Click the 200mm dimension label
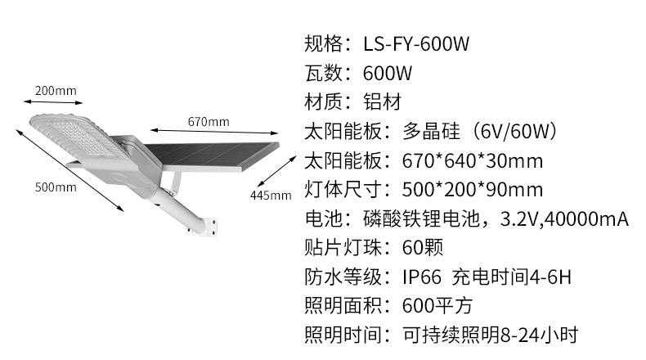coord(56,89)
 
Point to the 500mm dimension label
coord(56,187)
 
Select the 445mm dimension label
coord(271,195)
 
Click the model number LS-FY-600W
coord(417,43)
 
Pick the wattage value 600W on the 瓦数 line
coord(388,73)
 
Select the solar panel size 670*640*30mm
coord(473,161)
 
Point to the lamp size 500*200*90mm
coord(473,191)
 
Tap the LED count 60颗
coord(424,248)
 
